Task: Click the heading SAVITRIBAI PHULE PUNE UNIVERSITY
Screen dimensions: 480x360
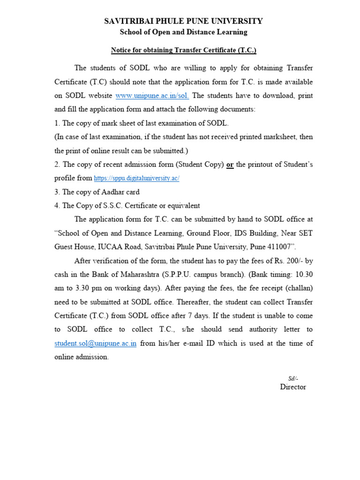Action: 183,21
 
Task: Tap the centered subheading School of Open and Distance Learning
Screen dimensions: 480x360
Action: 183,32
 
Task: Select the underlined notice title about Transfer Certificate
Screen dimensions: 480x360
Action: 183,50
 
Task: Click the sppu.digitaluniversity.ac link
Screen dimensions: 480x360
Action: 136,179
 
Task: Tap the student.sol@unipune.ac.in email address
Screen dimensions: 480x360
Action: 95,343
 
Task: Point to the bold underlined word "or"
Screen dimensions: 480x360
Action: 230,165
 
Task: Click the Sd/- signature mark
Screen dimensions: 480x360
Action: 292,378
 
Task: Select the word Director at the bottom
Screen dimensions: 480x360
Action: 293,387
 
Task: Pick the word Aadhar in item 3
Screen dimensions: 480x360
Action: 107,192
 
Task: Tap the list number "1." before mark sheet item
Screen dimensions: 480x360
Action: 57,123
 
